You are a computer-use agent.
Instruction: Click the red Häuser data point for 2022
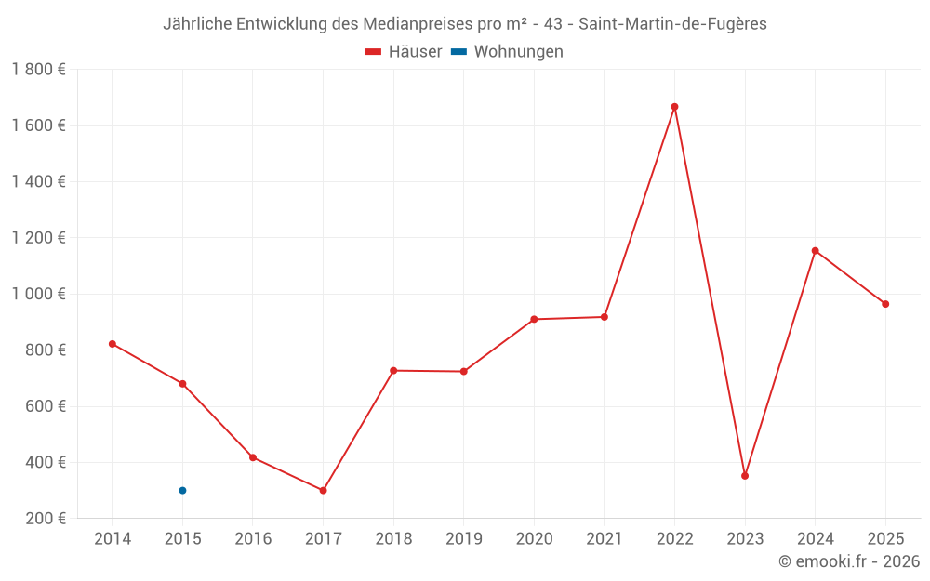[x=674, y=107]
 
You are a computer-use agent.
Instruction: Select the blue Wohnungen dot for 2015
[x=182, y=490]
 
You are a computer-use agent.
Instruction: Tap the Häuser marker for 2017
[x=323, y=490]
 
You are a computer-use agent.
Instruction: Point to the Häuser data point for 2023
[x=745, y=476]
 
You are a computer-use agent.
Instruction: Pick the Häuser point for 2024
[x=816, y=251]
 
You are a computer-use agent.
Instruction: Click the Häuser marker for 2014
[x=113, y=344]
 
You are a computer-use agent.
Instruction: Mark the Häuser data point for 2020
[x=534, y=319]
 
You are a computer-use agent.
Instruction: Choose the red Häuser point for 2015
[x=182, y=384]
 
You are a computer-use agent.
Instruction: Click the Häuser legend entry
[x=404, y=52]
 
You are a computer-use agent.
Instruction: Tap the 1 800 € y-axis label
[x=39, y=70]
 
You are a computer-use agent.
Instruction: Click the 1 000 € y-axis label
[x=39, y=294]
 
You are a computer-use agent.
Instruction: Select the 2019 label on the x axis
[x=464, y=539]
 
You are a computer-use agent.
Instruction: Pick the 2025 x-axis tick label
[x=885, y=539]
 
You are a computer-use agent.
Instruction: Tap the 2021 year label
[x=604, y=539]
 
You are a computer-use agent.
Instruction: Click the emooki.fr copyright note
[x=849, y=561]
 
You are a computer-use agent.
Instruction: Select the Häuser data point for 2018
[x=393, y=371]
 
